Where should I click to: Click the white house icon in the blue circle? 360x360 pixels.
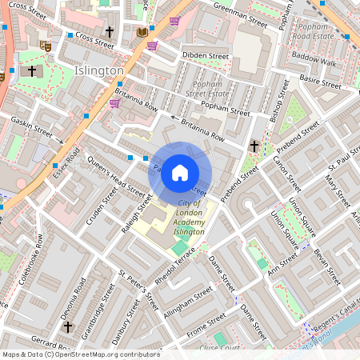click(180, 172)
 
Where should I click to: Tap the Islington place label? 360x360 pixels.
click(98, 70)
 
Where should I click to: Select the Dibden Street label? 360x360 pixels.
click(206, 56)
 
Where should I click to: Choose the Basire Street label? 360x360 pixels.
click(321, 82)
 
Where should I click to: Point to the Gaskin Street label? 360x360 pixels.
click(31, 126)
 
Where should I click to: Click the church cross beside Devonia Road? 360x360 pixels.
click(68, 326)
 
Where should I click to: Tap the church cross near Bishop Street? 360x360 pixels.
click(254, 146)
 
